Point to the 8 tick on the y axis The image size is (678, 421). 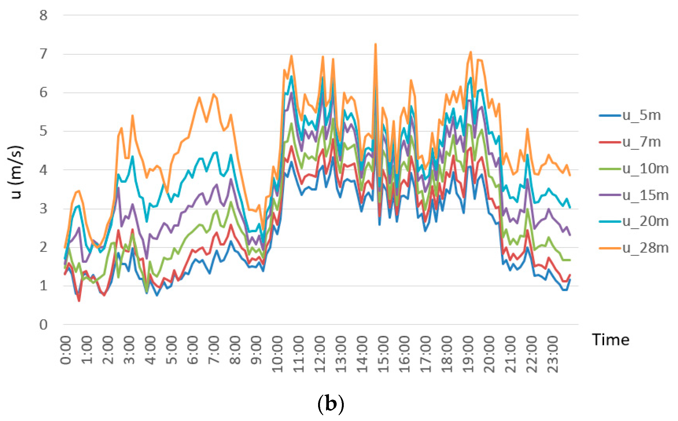43,15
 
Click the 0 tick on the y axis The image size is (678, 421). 43,325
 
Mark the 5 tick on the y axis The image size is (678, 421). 43,131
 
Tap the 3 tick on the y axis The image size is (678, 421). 43,209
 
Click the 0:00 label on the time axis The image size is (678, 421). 66,350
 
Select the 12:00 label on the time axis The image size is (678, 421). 320,354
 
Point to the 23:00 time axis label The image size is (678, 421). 553,354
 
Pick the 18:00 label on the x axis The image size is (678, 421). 448,354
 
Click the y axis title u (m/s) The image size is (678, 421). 16,172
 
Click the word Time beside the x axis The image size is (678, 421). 611,340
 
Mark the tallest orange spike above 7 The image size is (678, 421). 376,45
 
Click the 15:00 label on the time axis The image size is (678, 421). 384,354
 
